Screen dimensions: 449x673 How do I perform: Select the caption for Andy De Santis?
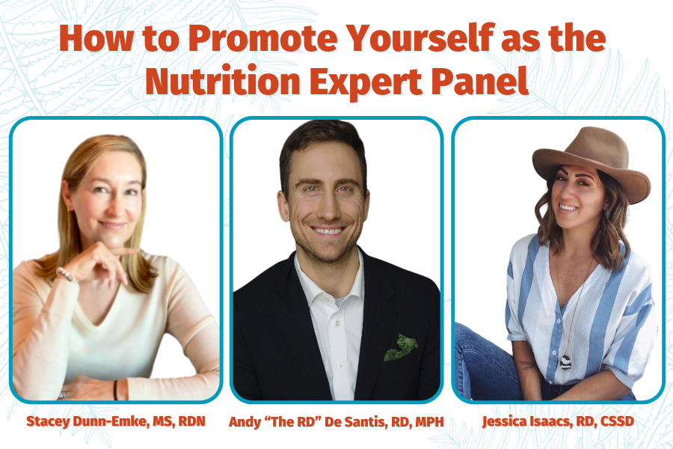[336, 421]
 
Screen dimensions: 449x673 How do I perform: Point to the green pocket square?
[401, 346]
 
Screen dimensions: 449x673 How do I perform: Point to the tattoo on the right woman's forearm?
[527, 366]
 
